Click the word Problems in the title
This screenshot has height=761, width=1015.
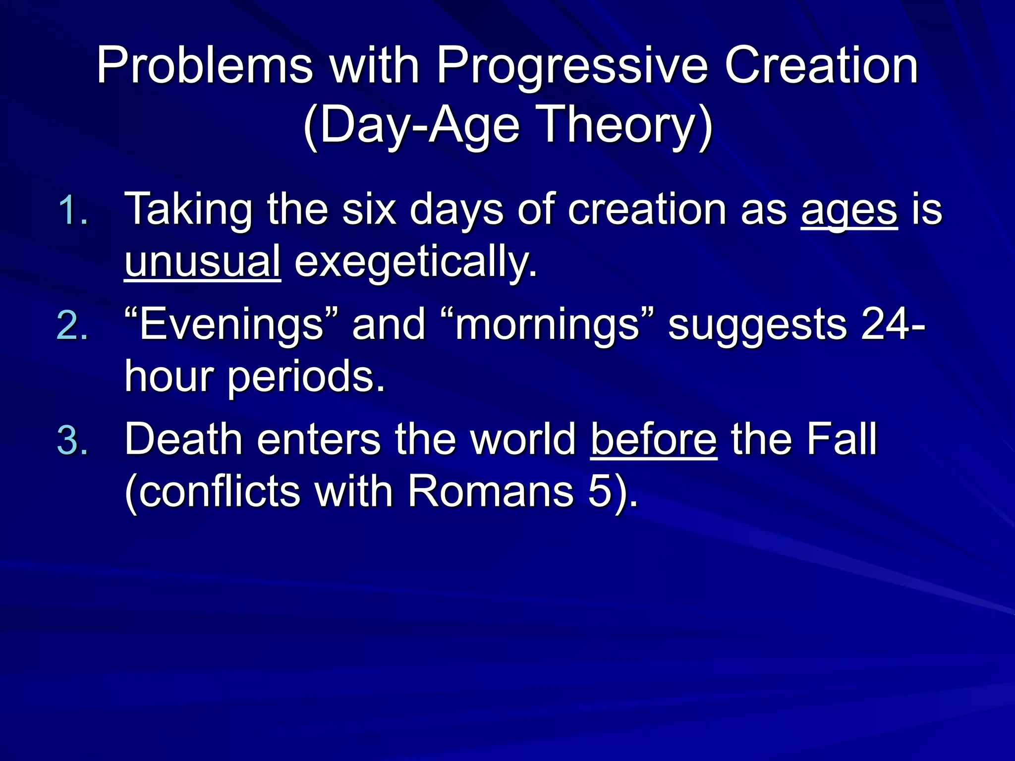click(204, 65)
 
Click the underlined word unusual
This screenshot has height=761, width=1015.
click(202, 262)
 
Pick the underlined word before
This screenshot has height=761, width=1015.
click(653, 439)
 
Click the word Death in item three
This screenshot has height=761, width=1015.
click(183, 439)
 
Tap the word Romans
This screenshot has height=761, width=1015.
click(490, 491)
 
